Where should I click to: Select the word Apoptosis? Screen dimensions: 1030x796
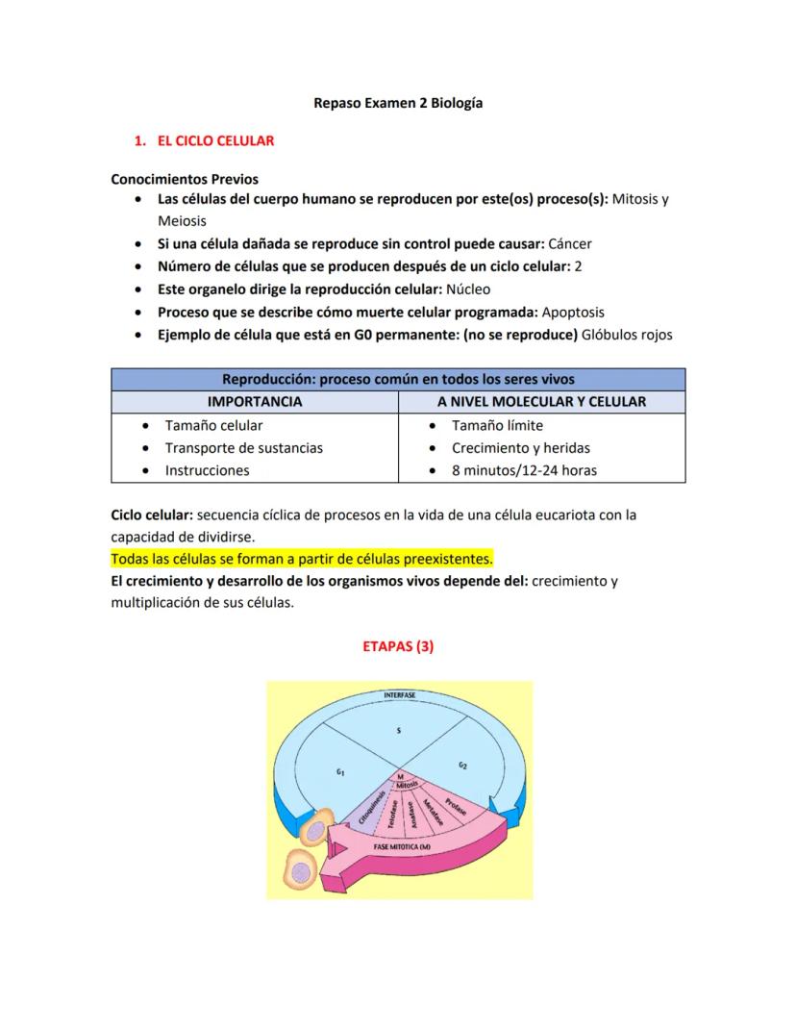[573, 312]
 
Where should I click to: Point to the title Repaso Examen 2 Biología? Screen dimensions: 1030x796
[398, 102]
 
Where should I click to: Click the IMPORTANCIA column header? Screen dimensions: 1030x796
[255, 401]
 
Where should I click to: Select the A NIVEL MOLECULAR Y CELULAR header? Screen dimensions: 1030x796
[541, 401]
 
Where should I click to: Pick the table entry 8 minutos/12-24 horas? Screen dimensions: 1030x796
[524, 470]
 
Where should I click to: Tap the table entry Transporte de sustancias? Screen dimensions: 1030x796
[243, 447]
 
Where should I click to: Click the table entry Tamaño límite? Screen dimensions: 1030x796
[497, 424]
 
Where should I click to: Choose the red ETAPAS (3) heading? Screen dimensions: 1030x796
[398, 646]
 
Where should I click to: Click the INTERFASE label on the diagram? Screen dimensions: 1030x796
[400, 694]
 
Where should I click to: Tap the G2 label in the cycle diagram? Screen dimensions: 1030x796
[462, 766]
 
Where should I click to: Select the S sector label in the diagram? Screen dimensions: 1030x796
[399, 731]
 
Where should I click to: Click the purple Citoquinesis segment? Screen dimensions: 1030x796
[372, 808]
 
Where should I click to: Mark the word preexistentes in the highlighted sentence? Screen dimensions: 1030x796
[449, 559]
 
